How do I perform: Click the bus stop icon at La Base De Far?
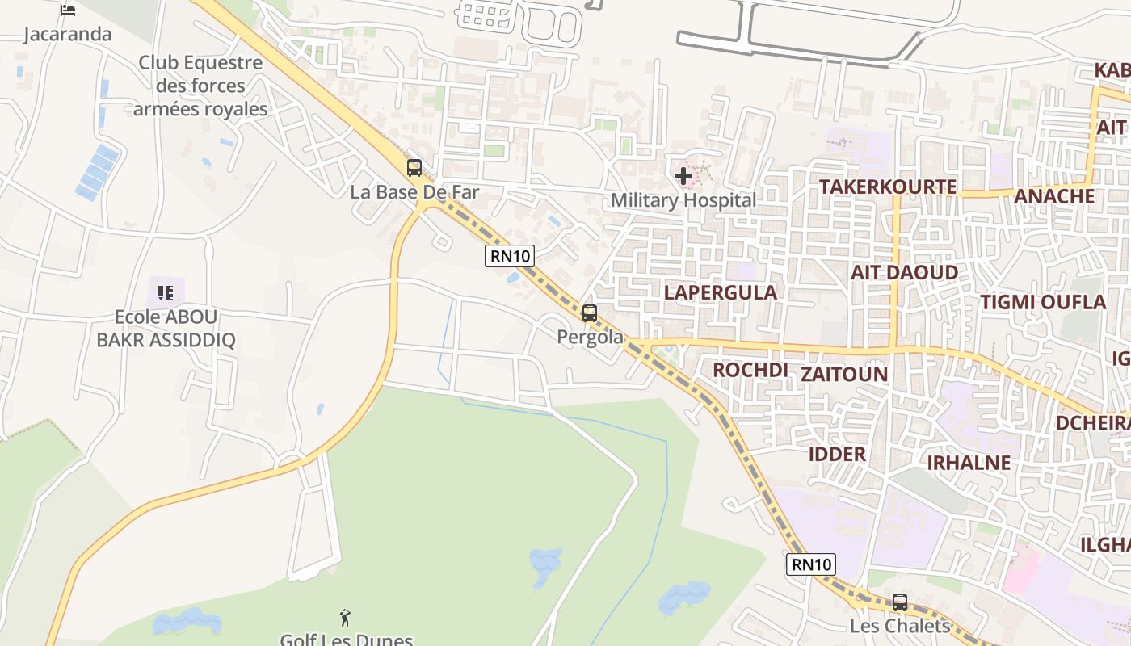click(x=414, y=168)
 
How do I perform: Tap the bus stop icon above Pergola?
click(x=590, y=313)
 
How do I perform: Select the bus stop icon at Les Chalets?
click(x=900, y=602)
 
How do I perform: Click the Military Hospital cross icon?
click(x=683, y=175)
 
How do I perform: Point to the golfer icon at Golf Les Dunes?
click(x=346, y=618)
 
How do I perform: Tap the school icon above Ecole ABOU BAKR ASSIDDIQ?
click(x=166, y=292)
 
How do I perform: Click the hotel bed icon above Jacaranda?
click(x=68, y=10)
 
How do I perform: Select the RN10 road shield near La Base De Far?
click(x=510, y=257)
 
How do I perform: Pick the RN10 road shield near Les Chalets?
click(x=810, y=564)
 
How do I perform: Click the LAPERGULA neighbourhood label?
click(x=720, y=292)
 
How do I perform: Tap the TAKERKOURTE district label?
click(x=887, y=187)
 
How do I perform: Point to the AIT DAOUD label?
click(x=904, y=272)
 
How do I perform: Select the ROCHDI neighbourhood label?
click(x=750, y=370)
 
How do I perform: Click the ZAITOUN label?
click(x=843, y=374)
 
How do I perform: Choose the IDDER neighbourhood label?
click(x=837, y=454)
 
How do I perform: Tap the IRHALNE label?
click(x=968, y=463)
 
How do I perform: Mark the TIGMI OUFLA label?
click(x=1042, y=302)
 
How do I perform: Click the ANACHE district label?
click(x=1053, y=196)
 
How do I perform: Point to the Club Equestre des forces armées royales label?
click(x=200, y=86)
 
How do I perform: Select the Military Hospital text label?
click(x=683, y=200)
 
